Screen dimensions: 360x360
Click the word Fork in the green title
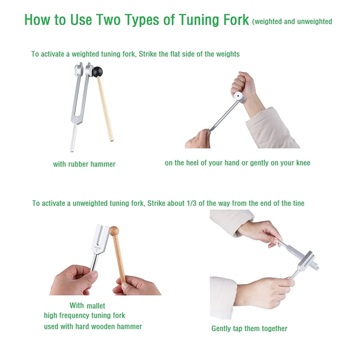232,20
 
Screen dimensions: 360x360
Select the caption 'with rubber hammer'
84,164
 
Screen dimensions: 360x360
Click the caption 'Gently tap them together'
249,328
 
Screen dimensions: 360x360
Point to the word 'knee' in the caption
301,163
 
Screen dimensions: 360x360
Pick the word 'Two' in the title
120,20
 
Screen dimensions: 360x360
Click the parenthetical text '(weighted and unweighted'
292,21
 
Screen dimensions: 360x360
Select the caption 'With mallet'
87,306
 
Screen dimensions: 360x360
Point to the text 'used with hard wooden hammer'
93,326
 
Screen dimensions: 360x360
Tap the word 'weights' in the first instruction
228,54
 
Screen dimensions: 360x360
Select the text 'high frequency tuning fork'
85,315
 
